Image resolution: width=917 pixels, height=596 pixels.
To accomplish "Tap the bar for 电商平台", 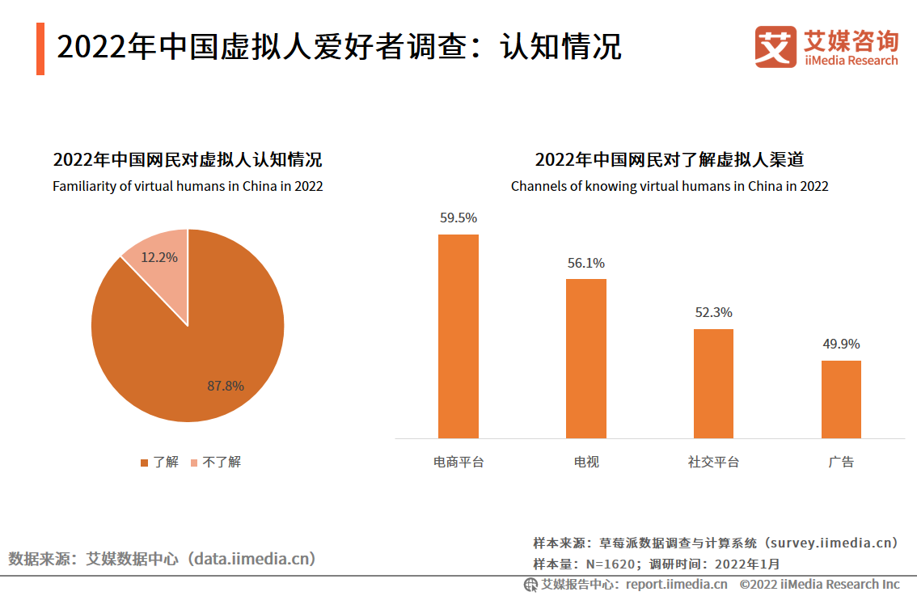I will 458,336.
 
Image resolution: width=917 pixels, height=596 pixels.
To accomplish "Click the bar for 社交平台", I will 713,383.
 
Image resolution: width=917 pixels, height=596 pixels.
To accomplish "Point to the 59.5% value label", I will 458,218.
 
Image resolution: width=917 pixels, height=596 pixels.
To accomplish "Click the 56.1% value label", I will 585,263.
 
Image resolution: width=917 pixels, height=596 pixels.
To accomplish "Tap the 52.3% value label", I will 713,312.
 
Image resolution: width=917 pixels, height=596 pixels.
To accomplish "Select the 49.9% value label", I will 841,344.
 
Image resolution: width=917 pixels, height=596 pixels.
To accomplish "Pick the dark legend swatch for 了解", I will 145,463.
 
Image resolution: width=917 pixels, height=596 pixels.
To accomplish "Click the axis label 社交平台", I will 713,462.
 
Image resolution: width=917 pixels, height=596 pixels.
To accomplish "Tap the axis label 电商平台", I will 458,462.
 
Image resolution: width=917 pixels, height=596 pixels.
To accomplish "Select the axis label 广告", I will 841,462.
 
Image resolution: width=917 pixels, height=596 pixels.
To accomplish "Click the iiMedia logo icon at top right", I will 776,47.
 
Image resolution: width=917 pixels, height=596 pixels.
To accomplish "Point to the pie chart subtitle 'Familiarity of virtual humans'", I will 188,186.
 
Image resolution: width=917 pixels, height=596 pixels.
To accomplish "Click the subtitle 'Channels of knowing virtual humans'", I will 670,186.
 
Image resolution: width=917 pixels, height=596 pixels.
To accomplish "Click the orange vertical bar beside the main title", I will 40,49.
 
